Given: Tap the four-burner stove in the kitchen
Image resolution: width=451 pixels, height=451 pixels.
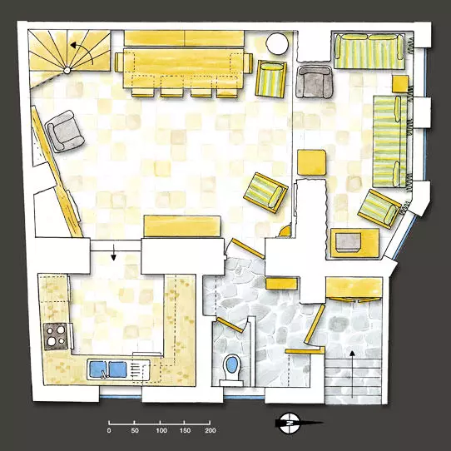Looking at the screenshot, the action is point(56,336).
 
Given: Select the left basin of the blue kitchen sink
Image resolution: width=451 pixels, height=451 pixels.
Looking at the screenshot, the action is point(97,369).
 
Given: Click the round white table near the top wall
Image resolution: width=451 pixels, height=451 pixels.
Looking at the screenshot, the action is point(277,43).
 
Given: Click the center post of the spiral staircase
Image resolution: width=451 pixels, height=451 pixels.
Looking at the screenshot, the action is point(67,70).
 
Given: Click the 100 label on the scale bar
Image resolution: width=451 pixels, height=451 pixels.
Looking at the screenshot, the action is point(161,430).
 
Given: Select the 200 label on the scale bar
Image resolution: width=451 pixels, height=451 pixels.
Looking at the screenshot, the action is point(211,430).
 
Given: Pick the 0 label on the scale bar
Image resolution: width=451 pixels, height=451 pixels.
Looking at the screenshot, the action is point(109,430).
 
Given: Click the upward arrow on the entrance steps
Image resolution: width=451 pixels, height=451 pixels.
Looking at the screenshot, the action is point(352,374).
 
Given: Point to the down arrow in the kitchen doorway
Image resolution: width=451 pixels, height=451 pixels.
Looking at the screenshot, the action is point(114,252).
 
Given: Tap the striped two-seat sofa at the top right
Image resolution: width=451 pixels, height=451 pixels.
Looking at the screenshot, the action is point(369,52).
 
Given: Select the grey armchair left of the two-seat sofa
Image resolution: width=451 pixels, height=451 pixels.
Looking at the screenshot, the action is point(315,82).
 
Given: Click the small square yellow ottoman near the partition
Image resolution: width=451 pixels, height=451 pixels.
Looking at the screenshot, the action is point(312,162).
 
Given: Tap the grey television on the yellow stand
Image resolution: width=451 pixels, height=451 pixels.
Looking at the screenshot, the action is point(349,242).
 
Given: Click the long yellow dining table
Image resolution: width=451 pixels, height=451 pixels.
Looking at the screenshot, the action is point(184,68).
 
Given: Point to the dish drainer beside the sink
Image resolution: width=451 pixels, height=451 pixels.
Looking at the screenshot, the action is point(141,369).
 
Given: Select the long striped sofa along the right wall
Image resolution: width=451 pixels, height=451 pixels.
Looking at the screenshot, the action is point(390,141).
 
